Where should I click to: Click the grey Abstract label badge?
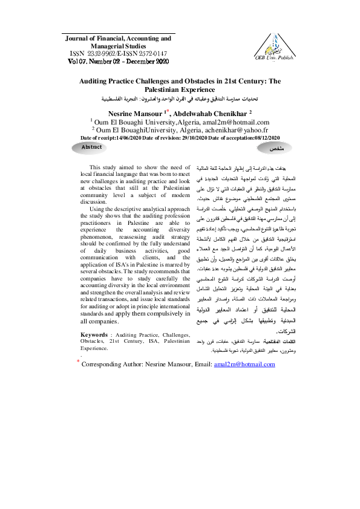coord(91,148)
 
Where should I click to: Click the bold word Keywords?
coord(94,334)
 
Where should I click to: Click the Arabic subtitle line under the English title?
coord(178,97)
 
